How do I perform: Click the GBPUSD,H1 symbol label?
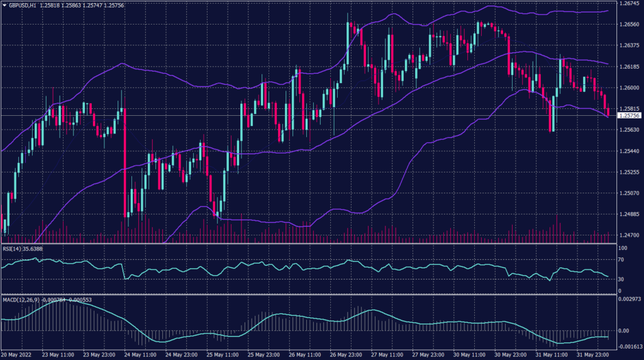[x=22, y=4]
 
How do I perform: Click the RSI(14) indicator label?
[x=13, y=249]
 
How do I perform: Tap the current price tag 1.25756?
[x=629, y=115]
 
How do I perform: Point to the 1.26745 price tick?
[x=629, y=4]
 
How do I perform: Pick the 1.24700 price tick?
[x=629, y=235]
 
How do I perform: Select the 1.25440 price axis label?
[x=629, y=151]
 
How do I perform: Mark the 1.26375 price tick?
[x=629, y=45]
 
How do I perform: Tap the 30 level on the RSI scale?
[x=621, y=279]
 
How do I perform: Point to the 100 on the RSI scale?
[x=623, y=249]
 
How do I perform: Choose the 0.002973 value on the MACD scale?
[x=630, y=299]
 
